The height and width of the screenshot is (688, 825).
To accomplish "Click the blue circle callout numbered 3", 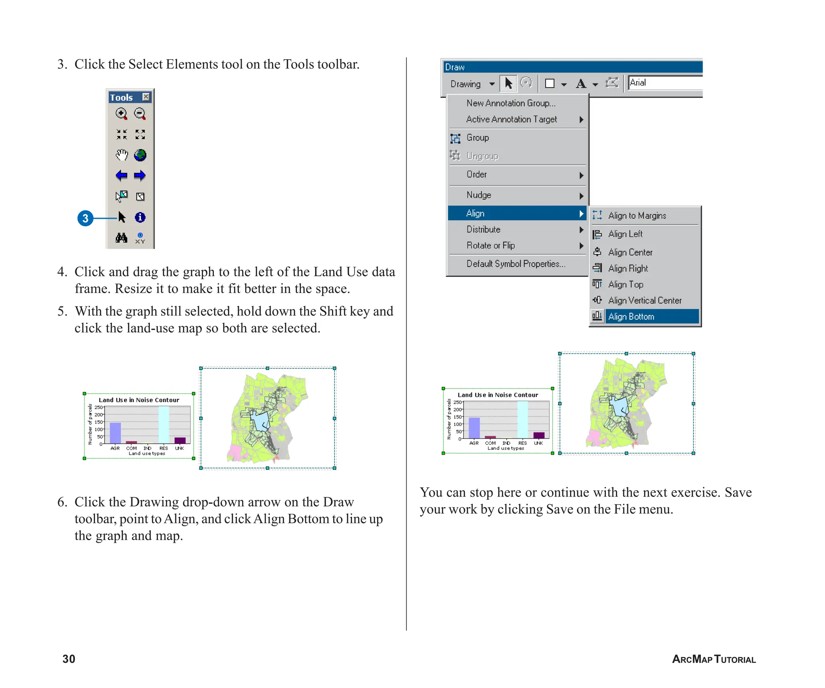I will [x=85, y=218].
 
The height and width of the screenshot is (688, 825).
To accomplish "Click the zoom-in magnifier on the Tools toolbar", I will [x=121, y=113].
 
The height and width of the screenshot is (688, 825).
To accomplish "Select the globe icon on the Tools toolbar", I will [x=140, y=155].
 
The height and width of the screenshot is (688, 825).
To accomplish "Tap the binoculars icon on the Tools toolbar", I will [x=121, y=238].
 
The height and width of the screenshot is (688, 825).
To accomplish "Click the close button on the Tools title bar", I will [x=146, y=97].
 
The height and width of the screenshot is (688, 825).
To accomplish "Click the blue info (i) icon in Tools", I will [x=140, y=217].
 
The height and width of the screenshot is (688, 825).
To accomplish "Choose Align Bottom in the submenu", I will [x=631, y=316].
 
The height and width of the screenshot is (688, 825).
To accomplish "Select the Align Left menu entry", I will [x=625, y=234].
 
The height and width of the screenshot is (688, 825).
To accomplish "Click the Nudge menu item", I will [x=479, y=195].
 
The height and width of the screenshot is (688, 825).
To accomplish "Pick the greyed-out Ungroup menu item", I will [x=482, y=156].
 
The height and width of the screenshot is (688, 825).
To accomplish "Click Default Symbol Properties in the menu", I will [x=516, y=264].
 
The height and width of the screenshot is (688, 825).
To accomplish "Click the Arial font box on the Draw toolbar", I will [x=665, y=83].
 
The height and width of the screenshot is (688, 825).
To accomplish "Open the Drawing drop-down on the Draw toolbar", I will [x=491, y=84].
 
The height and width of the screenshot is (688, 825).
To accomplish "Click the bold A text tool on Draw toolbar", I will [x=580, y=83].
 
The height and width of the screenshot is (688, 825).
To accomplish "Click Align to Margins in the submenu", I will [x=636, y=216].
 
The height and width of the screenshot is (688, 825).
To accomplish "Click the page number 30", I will [x=69, y=659].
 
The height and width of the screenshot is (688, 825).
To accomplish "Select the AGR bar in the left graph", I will [x=116, y=432].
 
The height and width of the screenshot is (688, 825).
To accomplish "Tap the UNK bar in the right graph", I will [x=539, y=435].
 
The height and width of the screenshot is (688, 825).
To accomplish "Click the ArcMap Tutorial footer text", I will [x=713, y=659].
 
